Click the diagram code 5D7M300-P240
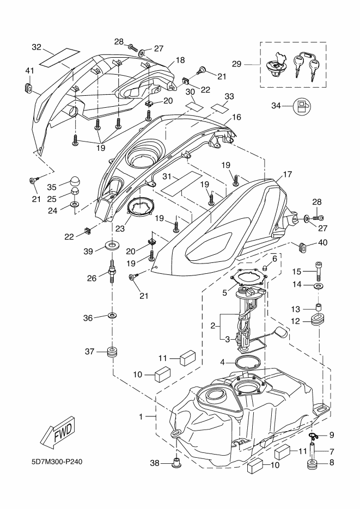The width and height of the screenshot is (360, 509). tap(57, 463)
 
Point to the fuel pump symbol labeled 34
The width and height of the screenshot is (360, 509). tap(301, 106)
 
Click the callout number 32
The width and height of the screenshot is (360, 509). tap(36, 47)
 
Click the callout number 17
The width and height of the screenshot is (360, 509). tap(288, 175)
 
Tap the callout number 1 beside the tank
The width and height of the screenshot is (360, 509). tap(141, 416)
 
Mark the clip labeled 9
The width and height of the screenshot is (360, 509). tap(314, 435)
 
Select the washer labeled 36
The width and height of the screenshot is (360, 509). tap(112, 316)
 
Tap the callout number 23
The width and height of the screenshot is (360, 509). tap(119, 229)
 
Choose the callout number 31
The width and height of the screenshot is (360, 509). tap(167, 176)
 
